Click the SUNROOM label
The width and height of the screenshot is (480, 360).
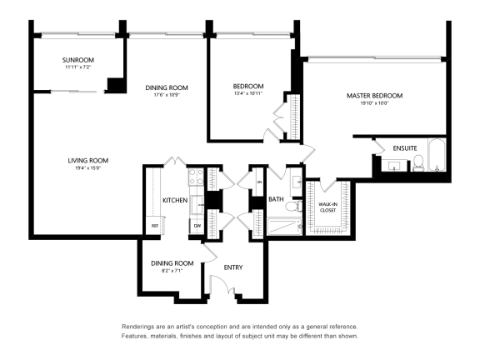click(77, 60)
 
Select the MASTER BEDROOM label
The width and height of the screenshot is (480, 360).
click(367, 96)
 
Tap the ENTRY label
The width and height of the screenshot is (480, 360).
click(233, 267)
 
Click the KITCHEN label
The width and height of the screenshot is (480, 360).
click(174, 201)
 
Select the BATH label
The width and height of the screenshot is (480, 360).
click(276, 200)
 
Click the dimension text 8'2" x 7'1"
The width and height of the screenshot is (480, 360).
click(172, 271)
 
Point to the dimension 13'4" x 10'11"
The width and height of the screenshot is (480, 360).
click(247, 94)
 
